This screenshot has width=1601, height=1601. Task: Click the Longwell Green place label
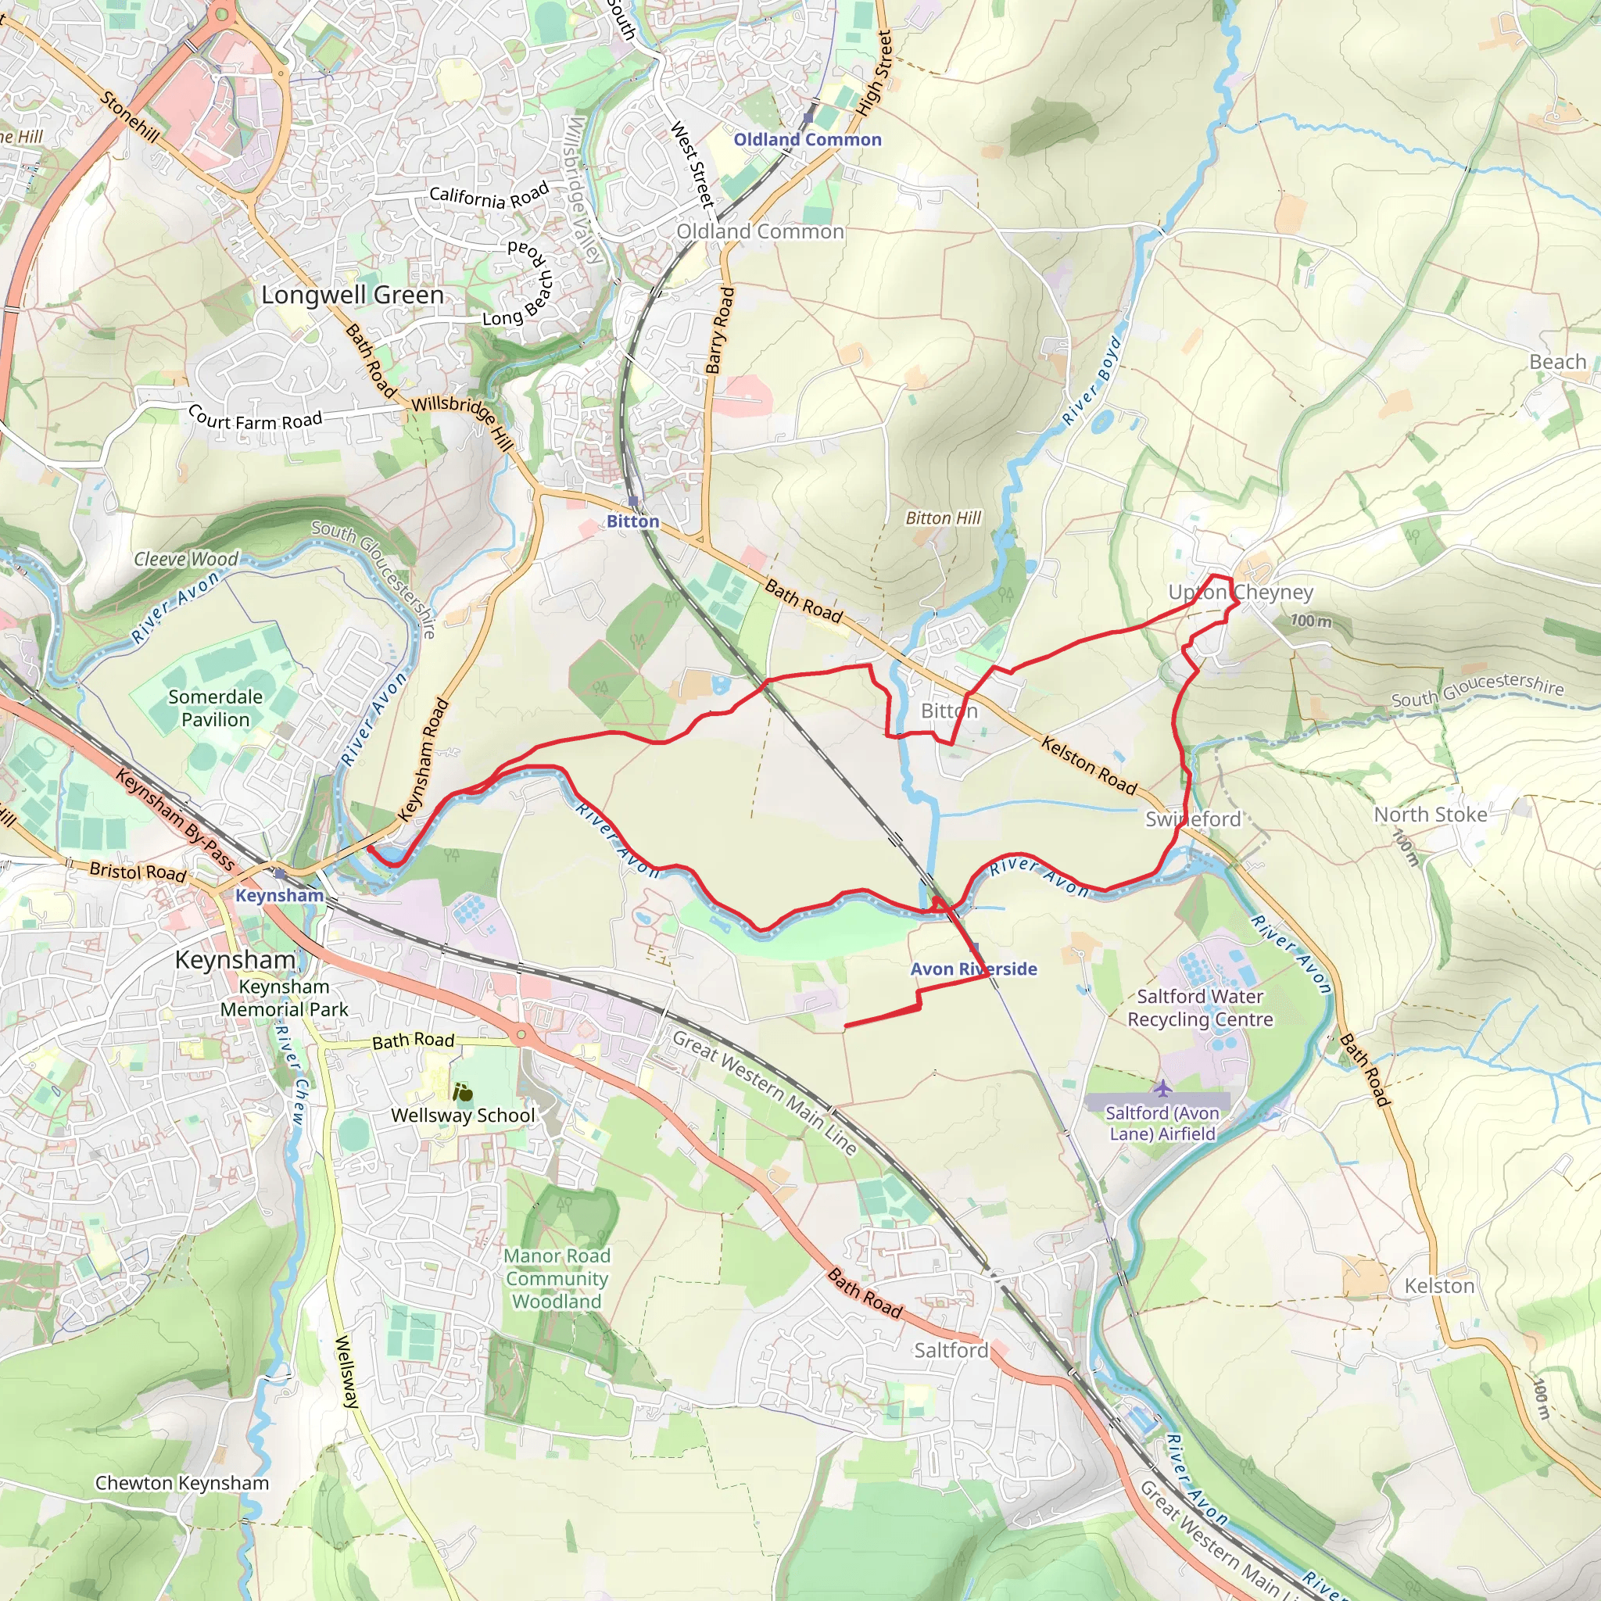tap(353, 295)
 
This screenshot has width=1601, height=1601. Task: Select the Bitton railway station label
tap(632, 521)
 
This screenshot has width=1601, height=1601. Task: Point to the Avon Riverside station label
tap(974, 969)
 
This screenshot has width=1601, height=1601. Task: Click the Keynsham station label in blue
tap(279, 895)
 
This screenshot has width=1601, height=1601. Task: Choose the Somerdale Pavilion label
tap(216, 707)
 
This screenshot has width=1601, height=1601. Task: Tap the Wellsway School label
tap(464, 1115)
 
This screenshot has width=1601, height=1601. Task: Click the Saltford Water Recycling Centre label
tap(1200, 1008)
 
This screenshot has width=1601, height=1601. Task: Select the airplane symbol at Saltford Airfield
tap(1162, 1087)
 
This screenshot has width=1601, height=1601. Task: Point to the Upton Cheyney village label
tap(1241, 592)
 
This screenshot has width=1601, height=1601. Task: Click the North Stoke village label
tap(1431, 815)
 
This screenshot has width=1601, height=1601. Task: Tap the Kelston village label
tap(1439, 1285)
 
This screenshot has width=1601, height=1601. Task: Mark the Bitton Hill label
tap(943, 518)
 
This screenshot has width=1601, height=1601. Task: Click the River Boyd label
tap(1091, 381)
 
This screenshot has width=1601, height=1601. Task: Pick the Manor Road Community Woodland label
tap(557, 1279)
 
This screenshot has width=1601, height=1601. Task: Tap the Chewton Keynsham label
tap(182, 1482)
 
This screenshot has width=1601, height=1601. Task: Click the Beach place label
tap(1557, 362)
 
